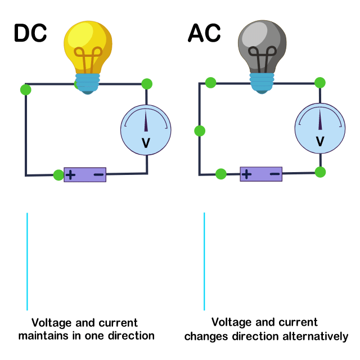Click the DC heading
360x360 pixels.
pyautogui.click(x=30, y=34)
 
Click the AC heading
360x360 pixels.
pyautogui.click(x=204, y=34)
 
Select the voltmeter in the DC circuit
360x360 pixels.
pyautogui.click(x=146, y=130)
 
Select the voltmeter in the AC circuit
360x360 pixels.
pyautogui.click(x=320, y=129)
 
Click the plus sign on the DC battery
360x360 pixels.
pyautogui.click(x=71, y=174)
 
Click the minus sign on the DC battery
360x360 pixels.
pyautogui.click(x=98, y=174)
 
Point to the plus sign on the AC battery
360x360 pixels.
pyautogui.click(x=246, y=174)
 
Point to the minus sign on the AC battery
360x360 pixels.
pyautogui.click(x=275, y=174)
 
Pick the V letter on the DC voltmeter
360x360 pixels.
pyautogui.click(x=146, y=143)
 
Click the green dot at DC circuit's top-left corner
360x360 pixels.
pyautogui.click(x=25, y=89)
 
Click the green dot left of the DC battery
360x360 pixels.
pyautogui.click(x=58, y=175)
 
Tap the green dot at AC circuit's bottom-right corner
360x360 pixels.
pyautogui.click(x=320, y=172)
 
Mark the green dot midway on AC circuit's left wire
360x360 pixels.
pyautogui.click(x=200, y=131)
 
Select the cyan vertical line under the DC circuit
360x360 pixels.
pyautogui.click(x=27, y=262)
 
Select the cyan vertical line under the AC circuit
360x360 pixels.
pyautogui.click(x=204, y=262)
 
